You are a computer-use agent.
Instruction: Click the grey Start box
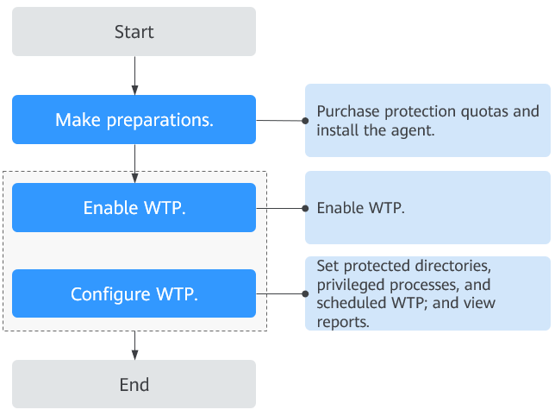click(x=134, y=32)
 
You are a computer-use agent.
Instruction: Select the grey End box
click(x=134, y=384)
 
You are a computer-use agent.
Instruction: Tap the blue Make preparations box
click(x=134, y=119)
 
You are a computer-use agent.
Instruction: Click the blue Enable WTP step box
click(x=134, y=208)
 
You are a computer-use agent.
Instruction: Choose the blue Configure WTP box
click(x=134, y=293)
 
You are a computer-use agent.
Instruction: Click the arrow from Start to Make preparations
click(x=134, y=75)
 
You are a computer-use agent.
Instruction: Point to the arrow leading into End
click(x=134, y=345)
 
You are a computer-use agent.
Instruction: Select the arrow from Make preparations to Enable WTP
click(x=134, y=163)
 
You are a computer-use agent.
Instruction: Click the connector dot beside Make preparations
click(x=305, y=121)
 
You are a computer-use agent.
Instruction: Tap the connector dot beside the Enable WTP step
click(x=305, y=208)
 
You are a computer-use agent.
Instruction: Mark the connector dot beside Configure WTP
click(x=305, y=293)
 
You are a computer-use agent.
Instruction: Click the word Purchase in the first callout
click(x=348, y=111)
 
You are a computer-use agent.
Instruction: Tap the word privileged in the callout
click(x=349, y=286)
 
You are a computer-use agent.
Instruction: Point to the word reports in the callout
click(x=341, y=323)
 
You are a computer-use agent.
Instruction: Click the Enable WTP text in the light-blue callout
click(x=360, y=208)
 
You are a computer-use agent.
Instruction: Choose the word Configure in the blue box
click(x=110, y=294)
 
